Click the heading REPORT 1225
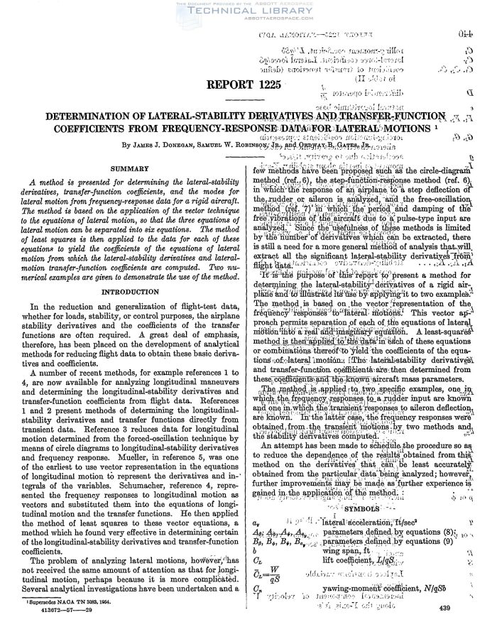pos(248,86)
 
